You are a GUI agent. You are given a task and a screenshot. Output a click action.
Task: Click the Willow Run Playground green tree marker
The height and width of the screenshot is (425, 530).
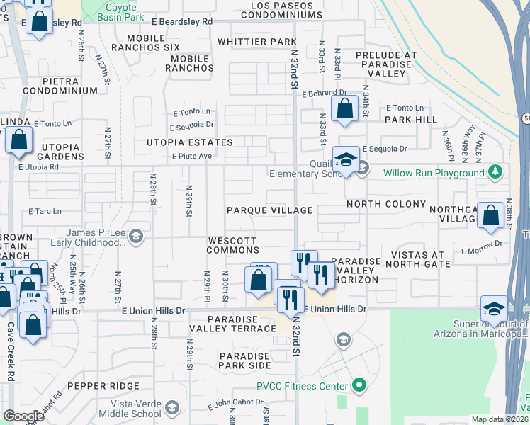tap(496, 172)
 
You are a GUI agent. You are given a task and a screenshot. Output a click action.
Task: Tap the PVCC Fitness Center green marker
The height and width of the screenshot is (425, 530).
tap(359, 386)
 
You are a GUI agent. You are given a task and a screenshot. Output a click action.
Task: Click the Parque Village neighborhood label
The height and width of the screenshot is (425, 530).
tap(269, 210)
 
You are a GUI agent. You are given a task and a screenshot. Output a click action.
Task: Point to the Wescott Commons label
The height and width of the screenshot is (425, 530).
tap(232, 245)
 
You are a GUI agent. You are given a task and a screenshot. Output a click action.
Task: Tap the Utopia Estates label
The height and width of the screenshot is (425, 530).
tap(189, 142)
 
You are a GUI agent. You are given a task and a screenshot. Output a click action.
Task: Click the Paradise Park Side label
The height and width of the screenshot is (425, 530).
tap(244, 361)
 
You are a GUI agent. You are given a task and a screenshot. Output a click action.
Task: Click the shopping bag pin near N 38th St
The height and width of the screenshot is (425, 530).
tap(490, 215)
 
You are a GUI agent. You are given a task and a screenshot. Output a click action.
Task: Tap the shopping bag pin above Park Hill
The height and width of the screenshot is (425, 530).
tap(344, 109)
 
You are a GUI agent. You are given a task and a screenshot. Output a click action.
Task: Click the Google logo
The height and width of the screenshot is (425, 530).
tap(23, 416)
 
